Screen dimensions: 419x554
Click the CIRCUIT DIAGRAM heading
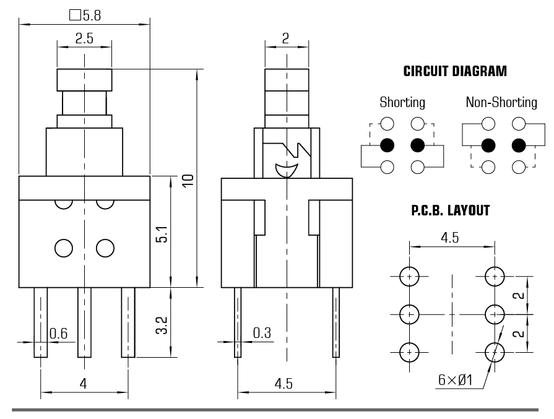(455, 71)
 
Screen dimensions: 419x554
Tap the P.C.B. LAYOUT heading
(451, 211)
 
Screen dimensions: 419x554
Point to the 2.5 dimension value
(84, 38)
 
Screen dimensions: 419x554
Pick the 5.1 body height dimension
(161, 232)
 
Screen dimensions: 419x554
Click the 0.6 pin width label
(58, 334)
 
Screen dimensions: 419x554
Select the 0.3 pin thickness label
(262, 334)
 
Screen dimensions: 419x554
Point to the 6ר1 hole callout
(455, 380)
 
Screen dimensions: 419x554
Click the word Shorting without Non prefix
(402, 103)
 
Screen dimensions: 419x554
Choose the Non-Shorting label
(501, 103)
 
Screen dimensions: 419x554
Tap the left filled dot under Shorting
(387, 145)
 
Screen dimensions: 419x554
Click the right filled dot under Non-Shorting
(519, 145)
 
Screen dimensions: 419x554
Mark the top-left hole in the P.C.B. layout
(410, 277)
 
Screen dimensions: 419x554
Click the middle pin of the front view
(84, 322)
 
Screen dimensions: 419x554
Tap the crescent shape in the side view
(287, 170)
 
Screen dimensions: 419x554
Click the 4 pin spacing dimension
(83, 384)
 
